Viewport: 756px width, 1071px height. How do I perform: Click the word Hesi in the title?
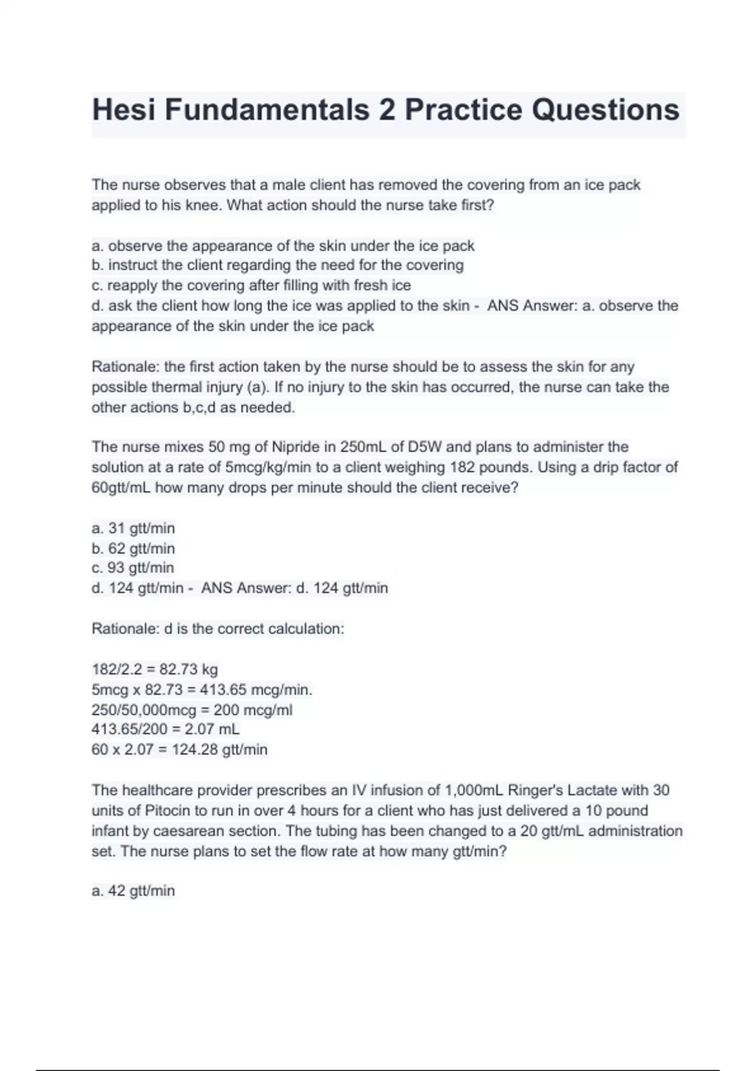click(x=123, y=110)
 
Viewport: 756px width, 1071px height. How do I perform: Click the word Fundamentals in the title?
click(x=267, y=110)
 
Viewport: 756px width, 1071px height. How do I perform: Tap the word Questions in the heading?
click(x=605, y=110)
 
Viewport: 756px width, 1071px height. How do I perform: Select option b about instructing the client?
click(x=277, y=265)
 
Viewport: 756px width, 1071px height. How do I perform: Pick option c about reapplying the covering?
click(x=251, y=285)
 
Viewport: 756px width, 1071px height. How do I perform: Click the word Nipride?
click(x=296, y=447)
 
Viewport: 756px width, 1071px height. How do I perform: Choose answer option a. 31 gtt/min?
click(x=133, y=528)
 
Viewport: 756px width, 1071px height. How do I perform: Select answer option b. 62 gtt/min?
click(x=133, y=548)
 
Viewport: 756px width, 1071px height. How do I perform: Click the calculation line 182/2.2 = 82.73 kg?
click(x=154, y=669)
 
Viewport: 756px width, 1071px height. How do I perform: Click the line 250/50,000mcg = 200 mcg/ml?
click(x=192, y=710)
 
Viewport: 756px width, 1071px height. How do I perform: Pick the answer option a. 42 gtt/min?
click(x=133, y=891)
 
